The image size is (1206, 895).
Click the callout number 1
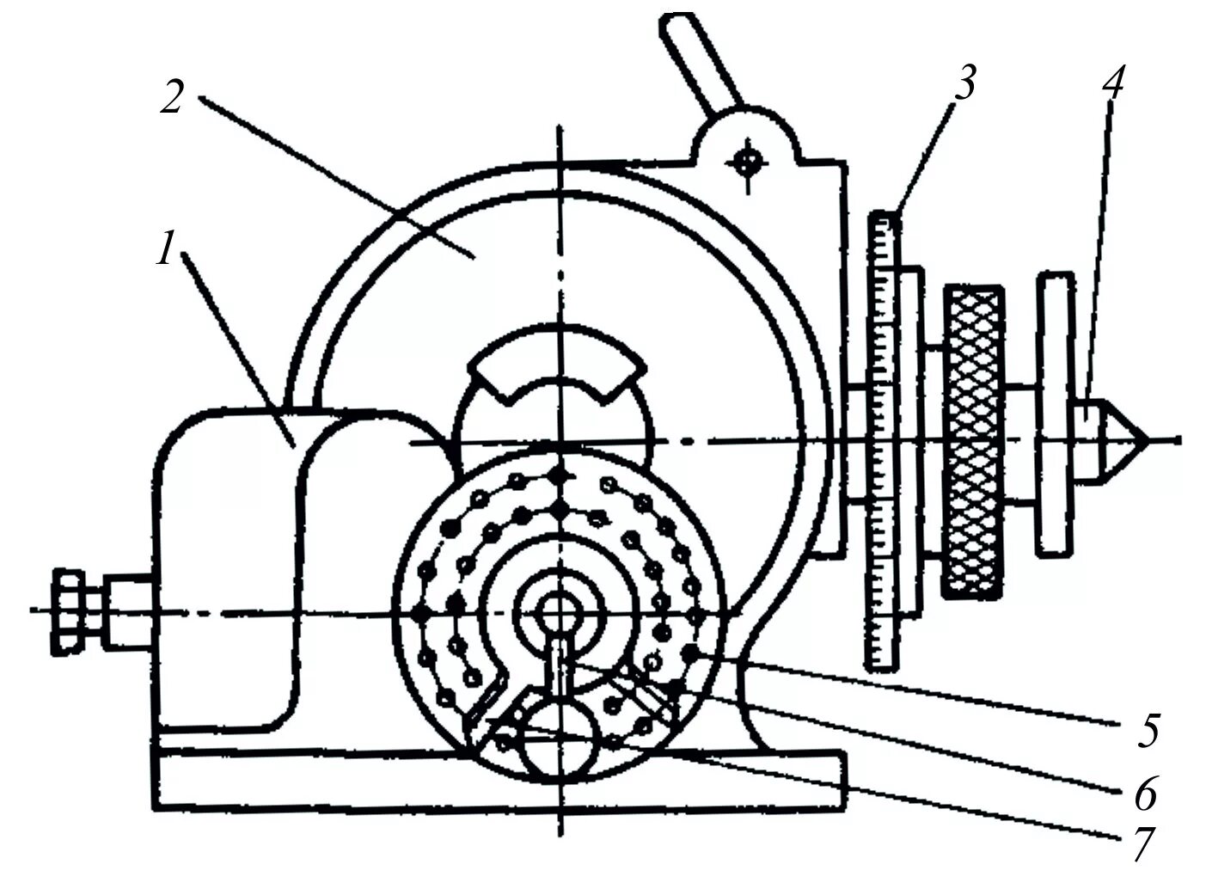pyautogui.click(x=166, y=252)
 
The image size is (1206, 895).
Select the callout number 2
pyautogui.click(x=173, y=97)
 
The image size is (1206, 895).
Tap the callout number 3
pyautogui.click(x=964, y=84)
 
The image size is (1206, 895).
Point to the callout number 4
pyautogui.click(x=1111, y=83)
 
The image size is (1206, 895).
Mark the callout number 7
pyautogui.click(x=1142, y=845)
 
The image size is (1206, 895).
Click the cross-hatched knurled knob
pyautogui.click(x=973, y=441)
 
